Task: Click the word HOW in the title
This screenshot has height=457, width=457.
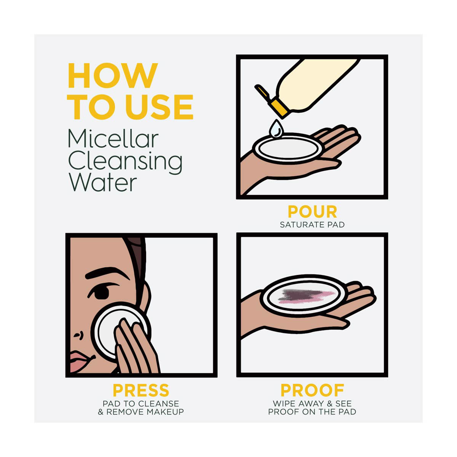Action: pos(113,75)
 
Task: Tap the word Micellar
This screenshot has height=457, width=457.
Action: pos(113,139)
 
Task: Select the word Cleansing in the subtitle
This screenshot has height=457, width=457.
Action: pos(125,162)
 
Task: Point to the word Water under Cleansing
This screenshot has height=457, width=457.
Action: pos(103,183)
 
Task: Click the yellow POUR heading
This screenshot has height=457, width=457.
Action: pos(312,211)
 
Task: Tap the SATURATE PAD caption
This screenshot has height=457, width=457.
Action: pos(312,225)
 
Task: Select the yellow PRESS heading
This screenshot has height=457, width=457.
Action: pos(141,390)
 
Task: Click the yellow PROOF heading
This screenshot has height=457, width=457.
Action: pos(312,390)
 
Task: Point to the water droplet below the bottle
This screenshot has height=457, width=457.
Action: pos(276,129)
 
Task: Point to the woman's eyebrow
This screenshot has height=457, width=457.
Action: pos(107,273)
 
